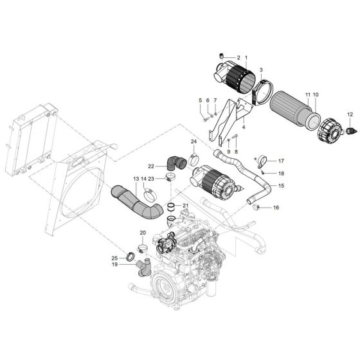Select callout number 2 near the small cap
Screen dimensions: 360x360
pyautogui.click(x=238, y=57)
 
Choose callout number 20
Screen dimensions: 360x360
pyautogui.click(x=143, y=233)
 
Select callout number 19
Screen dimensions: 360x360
pyautogui.click(x=114, y=264)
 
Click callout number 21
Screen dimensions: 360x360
pyautogui.click(x=185, y=206)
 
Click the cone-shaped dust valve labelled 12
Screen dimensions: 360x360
pyautogui.click(x=350, y=130)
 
